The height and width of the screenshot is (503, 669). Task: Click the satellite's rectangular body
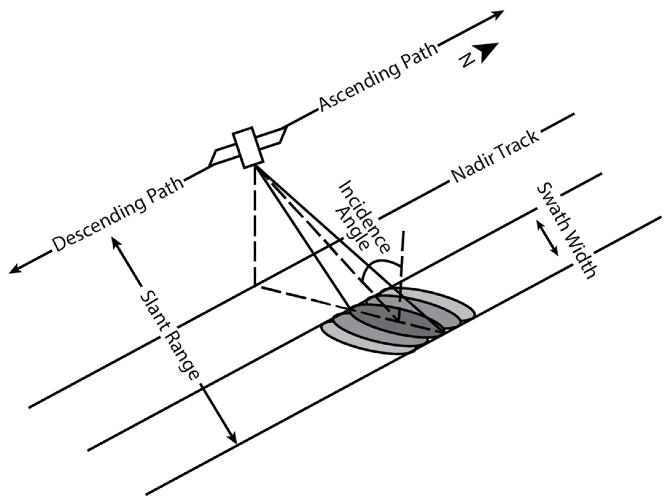click(x=248, y=148)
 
